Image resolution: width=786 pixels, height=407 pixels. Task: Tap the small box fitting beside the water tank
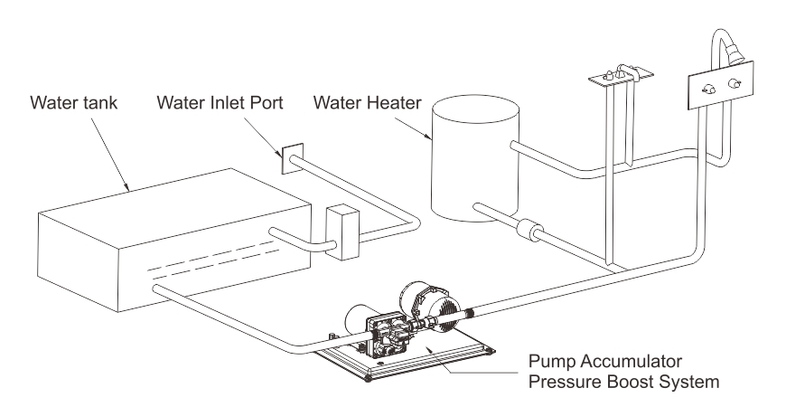pyautogui.click(x=342, y=232)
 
